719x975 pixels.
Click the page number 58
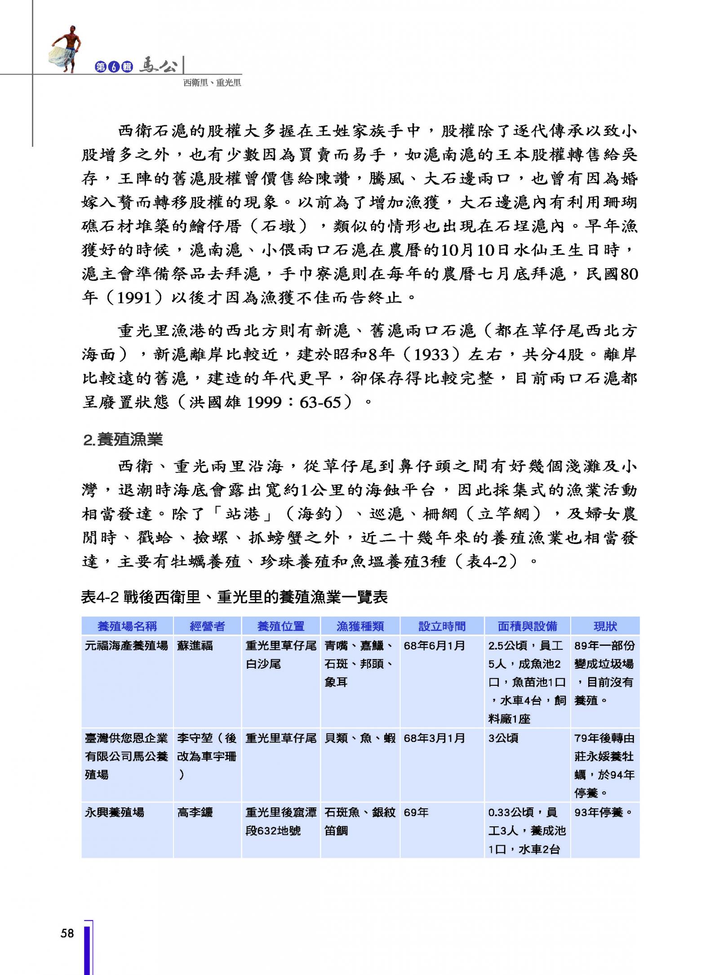(67, 933)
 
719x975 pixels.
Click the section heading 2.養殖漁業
(123, 440)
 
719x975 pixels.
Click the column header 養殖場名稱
(127, 626)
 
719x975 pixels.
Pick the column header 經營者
(207, 626)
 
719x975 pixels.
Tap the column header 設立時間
(442, 626)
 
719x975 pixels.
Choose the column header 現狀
(605, 626)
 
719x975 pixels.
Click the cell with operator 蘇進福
(195, 646)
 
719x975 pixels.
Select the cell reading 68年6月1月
(434, 646)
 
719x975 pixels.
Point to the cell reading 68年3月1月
(434, 738)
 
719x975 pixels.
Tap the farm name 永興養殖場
(115, 812)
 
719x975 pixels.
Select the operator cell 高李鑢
(195, 812)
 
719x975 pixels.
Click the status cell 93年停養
(604, 812)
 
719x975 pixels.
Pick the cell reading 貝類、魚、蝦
(360, 738)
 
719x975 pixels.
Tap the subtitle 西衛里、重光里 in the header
(212, 83)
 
